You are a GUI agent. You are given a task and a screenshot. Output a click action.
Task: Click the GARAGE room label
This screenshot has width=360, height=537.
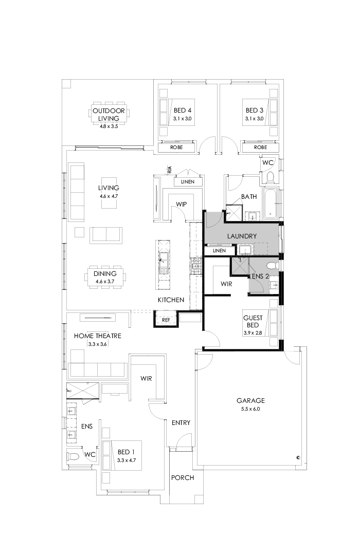250,400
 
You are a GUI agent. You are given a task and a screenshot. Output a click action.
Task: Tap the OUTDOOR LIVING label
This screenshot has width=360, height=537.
109,114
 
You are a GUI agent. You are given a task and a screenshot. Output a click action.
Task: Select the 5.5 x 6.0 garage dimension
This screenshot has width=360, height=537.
250,409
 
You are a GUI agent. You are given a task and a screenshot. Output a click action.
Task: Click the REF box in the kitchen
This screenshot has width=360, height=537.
166,320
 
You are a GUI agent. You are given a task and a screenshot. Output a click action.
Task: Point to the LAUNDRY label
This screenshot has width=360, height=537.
242,236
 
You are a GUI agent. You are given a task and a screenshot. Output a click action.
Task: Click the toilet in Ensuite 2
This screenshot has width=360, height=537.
274,266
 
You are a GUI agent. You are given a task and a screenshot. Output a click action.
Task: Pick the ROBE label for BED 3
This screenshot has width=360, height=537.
260,147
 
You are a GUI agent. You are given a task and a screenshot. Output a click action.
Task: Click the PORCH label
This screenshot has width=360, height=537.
183,477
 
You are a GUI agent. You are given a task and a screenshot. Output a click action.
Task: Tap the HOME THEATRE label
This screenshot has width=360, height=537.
98,336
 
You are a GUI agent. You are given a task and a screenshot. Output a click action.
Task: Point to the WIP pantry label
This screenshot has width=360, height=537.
181,205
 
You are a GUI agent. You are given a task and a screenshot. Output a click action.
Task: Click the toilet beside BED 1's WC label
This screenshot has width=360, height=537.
74,456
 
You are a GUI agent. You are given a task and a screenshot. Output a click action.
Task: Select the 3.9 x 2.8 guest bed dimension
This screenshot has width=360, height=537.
253,333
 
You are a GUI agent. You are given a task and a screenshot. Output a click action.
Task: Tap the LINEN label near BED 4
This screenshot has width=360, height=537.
187,182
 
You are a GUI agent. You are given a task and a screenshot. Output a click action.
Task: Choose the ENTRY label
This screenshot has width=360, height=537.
181,423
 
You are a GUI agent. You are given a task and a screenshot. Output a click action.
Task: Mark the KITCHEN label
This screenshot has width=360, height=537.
171,300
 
